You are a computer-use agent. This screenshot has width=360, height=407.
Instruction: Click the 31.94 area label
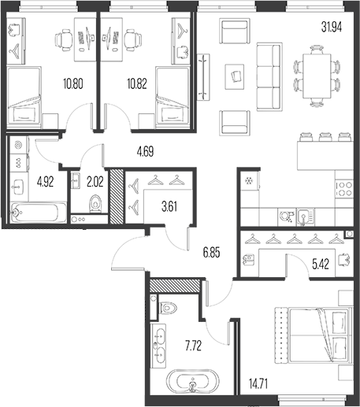(x=332, y=27)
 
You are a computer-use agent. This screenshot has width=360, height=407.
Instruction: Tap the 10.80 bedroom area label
(x=73, y=84)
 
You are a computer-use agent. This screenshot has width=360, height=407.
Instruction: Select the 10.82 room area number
(x=137, y=84)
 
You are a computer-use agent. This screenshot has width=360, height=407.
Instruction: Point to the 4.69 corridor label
(x=145, y=152)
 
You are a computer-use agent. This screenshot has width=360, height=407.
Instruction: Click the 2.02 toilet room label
(x=95, y=182)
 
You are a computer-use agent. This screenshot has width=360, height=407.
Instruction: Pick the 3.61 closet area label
(x=169, y=207)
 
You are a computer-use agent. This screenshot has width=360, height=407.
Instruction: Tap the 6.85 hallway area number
(x=211, y=253)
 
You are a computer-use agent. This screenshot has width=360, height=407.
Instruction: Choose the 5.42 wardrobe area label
(x=321, y=265)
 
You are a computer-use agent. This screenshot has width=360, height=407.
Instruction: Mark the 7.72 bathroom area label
(x=193, y=346)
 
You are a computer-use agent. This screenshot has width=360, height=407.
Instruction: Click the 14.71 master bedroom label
(x=258, y=385)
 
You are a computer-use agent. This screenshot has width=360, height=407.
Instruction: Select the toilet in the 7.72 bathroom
(x=168, y=308)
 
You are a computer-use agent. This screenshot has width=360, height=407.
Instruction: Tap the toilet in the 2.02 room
(x=95, y=203)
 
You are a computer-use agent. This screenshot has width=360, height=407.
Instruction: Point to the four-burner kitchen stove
(x=343, y=189)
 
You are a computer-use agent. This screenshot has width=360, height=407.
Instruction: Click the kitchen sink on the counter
(x=306, y=216)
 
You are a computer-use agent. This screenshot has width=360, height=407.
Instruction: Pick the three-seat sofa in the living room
(x=269, y=76)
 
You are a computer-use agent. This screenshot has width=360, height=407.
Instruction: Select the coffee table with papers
(x=235, y=77)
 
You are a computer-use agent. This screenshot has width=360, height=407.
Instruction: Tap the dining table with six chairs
(x=317, y=76)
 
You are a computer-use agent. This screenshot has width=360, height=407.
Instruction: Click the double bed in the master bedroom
(x=313, y=335)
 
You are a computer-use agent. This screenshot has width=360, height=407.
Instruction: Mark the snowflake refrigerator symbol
(x=247, y=180)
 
